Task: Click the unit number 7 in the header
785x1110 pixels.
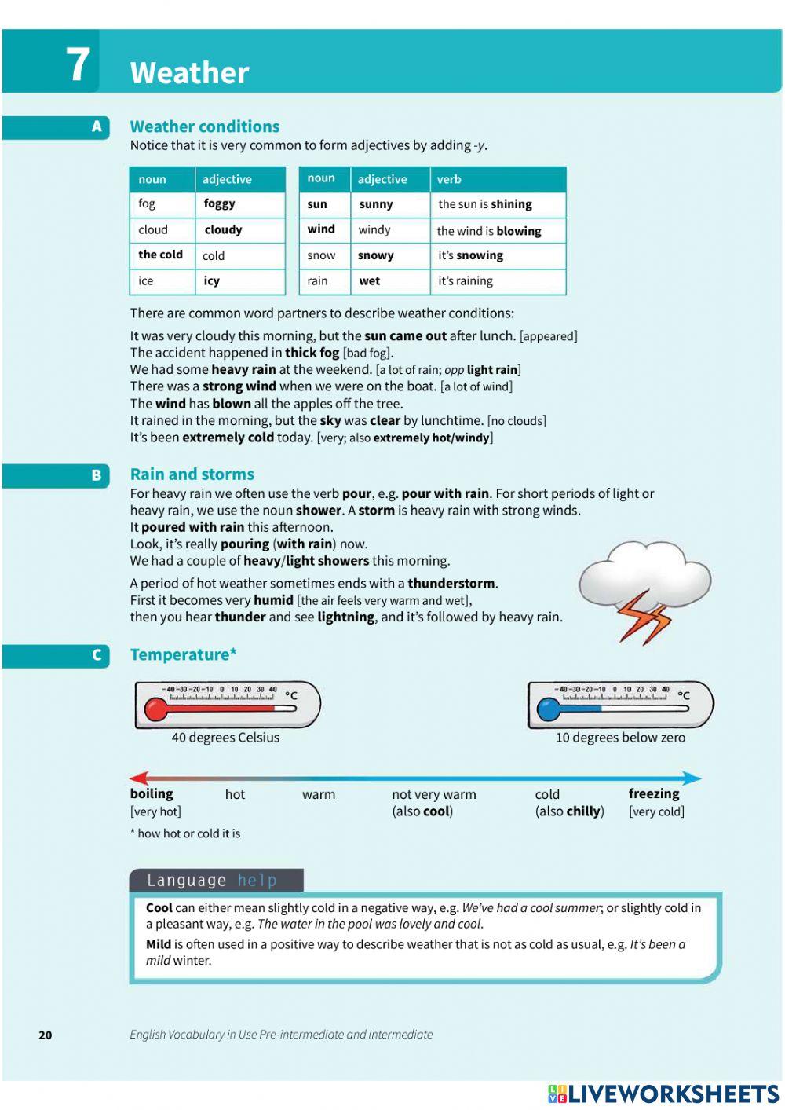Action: [77, 64]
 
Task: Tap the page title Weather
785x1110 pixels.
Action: [189, 73]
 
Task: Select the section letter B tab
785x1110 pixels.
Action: [96, 475]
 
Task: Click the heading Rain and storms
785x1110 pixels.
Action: [192, 474]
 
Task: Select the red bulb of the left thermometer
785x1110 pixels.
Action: [155, 709]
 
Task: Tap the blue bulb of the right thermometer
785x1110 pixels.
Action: [548, 709]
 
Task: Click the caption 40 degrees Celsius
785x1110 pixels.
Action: [225, 738]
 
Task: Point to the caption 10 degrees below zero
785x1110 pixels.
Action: [620, 738]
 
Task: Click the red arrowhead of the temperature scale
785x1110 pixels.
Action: [138, 778]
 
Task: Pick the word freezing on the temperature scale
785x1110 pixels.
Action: [654, 793]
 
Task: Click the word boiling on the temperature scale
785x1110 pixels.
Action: [152, 793]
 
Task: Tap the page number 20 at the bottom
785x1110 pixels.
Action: [46, 1035]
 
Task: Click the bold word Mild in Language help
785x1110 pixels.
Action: [159, 944]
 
